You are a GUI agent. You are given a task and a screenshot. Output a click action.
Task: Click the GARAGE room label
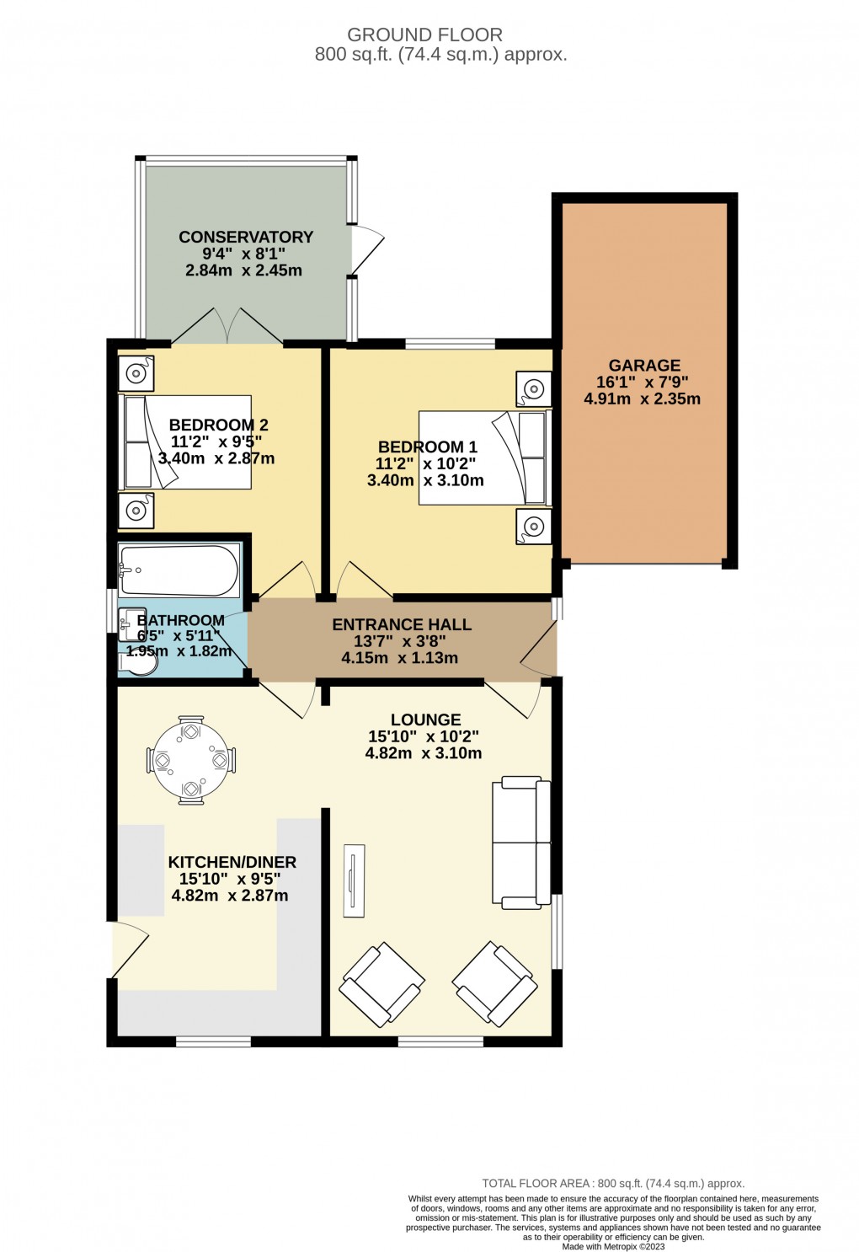click(644, 366)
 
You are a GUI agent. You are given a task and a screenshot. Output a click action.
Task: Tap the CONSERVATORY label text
click(246, 238)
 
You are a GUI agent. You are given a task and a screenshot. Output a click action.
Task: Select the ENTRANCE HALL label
click(402, 625)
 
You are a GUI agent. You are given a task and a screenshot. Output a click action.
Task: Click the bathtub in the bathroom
click(179, 570)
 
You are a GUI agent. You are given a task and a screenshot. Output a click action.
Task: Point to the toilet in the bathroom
click(138, 664)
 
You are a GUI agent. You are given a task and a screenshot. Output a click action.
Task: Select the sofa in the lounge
click(521, 843)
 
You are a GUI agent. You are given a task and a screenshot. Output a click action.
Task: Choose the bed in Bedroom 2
click(187, 442)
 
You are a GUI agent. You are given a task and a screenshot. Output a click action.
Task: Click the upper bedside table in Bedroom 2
click(136, 372)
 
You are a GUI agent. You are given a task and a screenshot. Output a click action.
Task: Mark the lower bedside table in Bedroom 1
click(533, 527)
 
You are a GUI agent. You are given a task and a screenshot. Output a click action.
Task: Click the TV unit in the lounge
click(354, 880)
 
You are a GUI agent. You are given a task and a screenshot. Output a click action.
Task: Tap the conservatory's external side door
click(367, 249)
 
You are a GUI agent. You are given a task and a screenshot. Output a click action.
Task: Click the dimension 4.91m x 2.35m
click(642, 399)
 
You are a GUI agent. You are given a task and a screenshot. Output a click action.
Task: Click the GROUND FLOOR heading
click(424, 35)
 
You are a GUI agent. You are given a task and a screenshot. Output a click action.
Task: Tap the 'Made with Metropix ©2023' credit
click(613, 1247)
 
